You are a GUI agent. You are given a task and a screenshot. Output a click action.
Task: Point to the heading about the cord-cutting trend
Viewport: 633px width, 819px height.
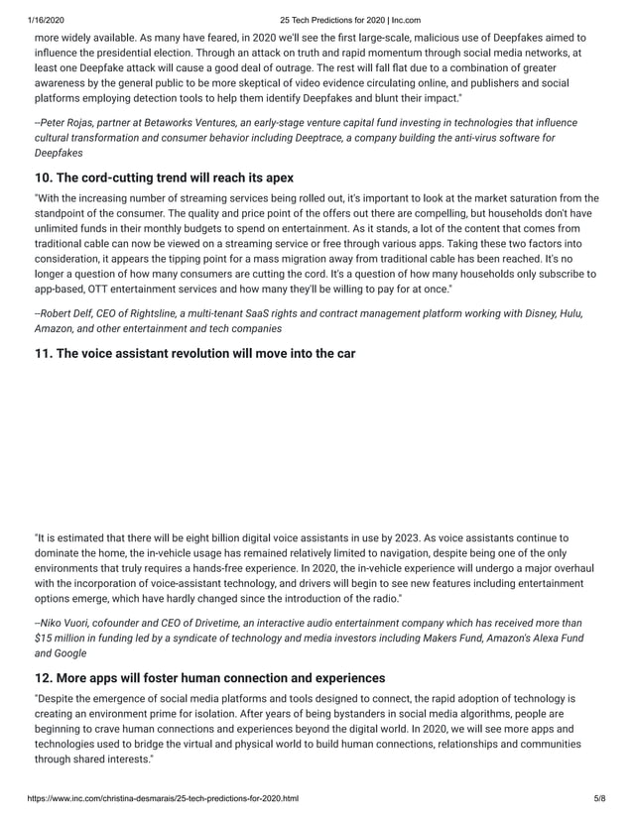point(164,178)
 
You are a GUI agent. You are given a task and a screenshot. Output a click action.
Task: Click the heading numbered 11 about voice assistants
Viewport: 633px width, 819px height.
point(194,353)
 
